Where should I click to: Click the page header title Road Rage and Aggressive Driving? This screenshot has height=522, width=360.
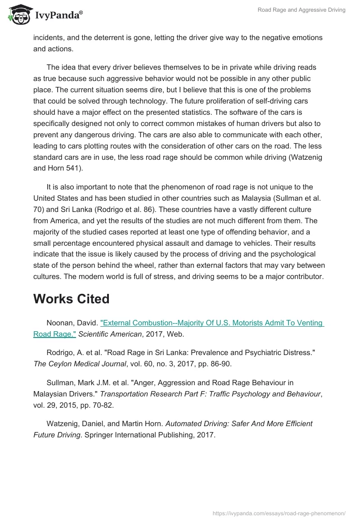pyautogui.click(x=301, y=10)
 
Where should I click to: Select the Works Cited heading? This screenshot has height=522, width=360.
pyautogui.click(x=71, y=299)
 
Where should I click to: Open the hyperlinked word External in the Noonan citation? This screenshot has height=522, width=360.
pyautogui.click(x=117, y=323)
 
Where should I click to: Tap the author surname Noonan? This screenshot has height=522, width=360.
pyautogui.click(x=60, y=323)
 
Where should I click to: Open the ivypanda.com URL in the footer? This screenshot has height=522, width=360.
pyautogui.click(x=279, y=513)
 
